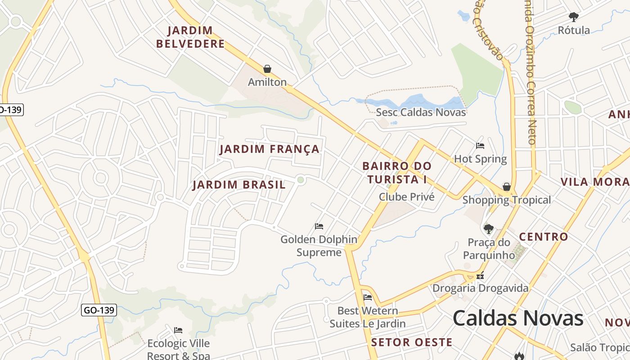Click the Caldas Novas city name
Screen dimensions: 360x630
tap(517, 318)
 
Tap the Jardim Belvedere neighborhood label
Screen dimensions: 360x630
tap(196, 37)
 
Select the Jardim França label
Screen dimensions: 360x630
tap(269, 149)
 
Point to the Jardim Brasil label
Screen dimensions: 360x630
tap(239, 184)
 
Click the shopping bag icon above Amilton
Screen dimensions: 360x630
tap(267, 69)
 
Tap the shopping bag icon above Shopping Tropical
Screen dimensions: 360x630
tap(507, 187)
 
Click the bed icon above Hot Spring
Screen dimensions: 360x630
tap(480, 146)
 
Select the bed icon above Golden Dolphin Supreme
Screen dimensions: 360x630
tap(319, 226)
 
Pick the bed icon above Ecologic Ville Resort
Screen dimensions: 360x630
tap(178, 330)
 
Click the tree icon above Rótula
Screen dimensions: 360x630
tap(573, 18)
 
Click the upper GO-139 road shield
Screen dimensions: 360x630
tap(10, 109)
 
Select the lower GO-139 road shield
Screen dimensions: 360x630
tap(99, 310)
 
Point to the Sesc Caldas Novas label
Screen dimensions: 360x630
tap(421, 112)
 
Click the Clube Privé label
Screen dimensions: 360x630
tap(406, 197)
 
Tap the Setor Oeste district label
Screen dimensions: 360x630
tap(411, 342)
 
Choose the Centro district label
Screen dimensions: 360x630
tap(543, 237)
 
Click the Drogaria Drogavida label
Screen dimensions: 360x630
tap(480, 288)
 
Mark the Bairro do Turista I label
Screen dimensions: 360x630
tap(396, 173)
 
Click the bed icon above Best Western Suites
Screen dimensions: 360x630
tap(368, 297)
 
